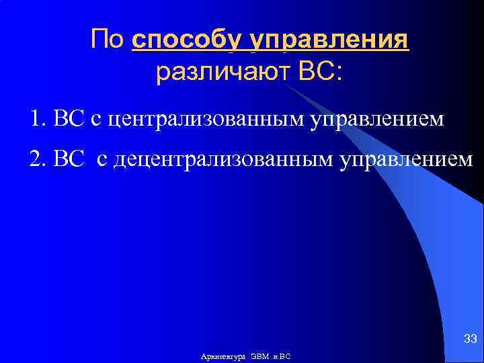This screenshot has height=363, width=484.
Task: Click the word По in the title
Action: pyautogui.click(x=108, y=40)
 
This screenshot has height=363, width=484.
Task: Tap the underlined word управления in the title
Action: pyautogui.click(x=329, y=40)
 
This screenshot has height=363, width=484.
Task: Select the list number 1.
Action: pyautogui.click(x=36, y=120)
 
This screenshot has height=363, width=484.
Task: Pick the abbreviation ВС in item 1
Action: pyautogui.click(x=68, y=120)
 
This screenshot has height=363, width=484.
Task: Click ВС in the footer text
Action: pyautogui.click(x=284, y=356)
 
